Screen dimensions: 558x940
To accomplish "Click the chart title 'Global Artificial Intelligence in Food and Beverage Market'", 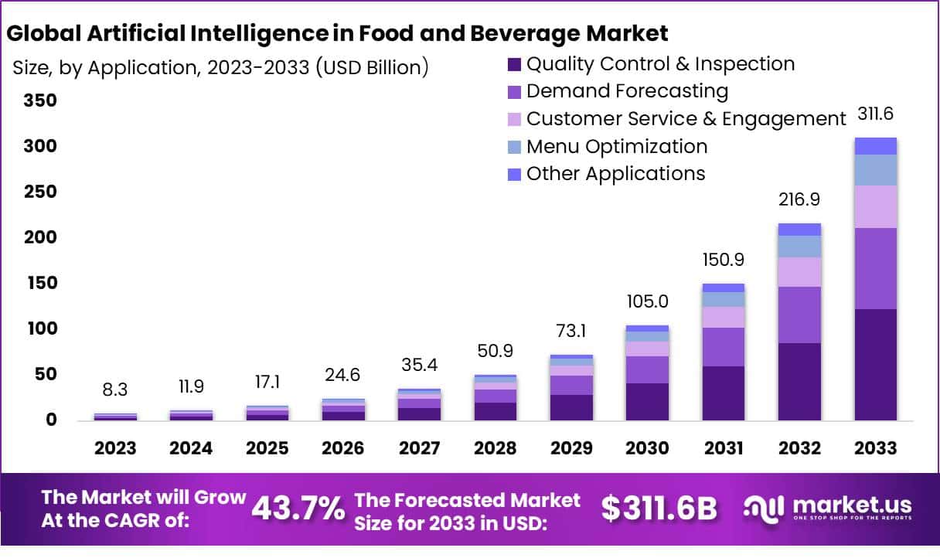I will tap(337, 33).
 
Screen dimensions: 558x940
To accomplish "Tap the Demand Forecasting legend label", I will tap(627, 91).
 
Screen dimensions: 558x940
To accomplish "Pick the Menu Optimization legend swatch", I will tap(514, 147).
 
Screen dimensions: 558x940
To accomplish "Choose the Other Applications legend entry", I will tap(615, 174).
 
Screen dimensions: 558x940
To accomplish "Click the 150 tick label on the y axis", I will tap(40, 283).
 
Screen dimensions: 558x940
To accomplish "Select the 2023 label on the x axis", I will tap(115, 448).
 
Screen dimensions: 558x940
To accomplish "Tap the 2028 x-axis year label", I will tap(496, 448).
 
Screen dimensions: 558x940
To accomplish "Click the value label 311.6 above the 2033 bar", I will tap(876, 115).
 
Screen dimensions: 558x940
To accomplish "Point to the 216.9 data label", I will tap(799, 199).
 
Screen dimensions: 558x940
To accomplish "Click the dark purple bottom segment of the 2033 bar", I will tap(875, 365).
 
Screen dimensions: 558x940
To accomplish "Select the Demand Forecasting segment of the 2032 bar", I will tap(799, 315).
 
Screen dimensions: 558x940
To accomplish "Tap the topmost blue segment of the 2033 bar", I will tap(875, 146).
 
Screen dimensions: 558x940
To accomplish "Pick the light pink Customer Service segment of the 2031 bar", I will tap(724, 317).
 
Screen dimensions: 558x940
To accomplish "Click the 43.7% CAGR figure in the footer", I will tap(298, 509).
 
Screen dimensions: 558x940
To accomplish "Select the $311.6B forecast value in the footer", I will tap(659, 509).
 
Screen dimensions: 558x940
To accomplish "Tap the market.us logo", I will tap(828, 509).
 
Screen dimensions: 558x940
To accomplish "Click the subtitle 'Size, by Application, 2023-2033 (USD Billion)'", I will tap(220, 67).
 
